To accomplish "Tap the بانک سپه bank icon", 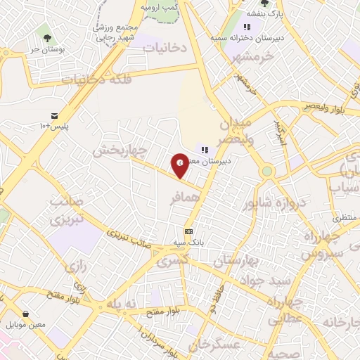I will coord(188,231).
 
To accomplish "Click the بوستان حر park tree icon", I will coord(47,37).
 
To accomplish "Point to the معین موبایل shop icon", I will coord(25,314).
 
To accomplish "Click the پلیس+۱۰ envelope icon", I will coord(55,115).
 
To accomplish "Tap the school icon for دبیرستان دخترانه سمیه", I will coord(247,27).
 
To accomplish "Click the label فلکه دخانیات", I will coord(96,79).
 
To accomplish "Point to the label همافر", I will coord(185,199).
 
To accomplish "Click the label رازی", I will coord(75,266).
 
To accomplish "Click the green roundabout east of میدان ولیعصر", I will coord(267,171).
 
